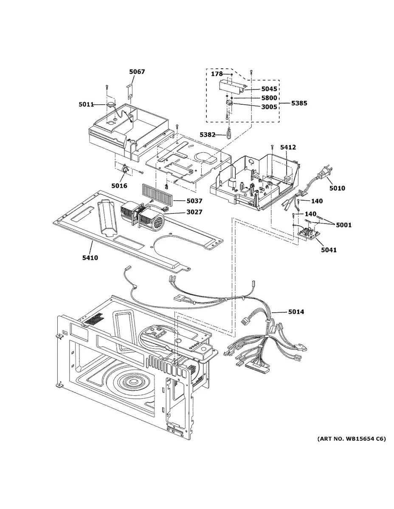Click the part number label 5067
click(x=137, y=72)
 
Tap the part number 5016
click(x=119, y=185)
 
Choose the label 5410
click(x=90, y=257)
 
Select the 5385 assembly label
click(x=299, y=103)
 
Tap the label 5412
click(x=288, y=147)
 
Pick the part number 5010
click(x=337, y=188)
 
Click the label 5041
click(x=329, y=250)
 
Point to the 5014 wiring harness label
click(x=296, y=312)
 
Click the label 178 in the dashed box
click(x=217, y=74)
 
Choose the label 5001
click(x=343, y=225)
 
